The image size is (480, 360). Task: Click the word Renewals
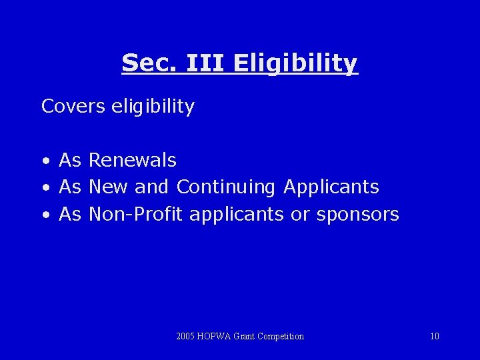point(132,160)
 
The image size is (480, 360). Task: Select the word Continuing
point(225,187)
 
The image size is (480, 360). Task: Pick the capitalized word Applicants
point(331,187)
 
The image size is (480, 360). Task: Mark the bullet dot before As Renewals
point(45,161)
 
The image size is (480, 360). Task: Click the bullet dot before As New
point(45,188)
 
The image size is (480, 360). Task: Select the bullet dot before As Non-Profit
point(45,215)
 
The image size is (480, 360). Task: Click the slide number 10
point(435,336)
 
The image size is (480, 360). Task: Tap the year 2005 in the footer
point(186,336)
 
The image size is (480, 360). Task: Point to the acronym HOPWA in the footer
point(214,336)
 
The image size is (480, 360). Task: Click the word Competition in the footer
point(280,336)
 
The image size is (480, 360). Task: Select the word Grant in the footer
point(243,336)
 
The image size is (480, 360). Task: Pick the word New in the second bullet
point(107,187)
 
